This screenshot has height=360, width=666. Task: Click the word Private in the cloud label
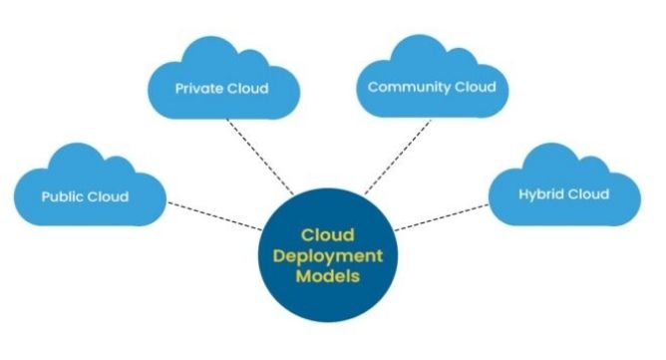[198, 88]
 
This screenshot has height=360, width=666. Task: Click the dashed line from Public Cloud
[214, 214]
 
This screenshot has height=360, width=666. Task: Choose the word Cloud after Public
[109, 196]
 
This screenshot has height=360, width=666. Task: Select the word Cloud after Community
[475, 87]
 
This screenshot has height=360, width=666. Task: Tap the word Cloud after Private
[248, 88]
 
